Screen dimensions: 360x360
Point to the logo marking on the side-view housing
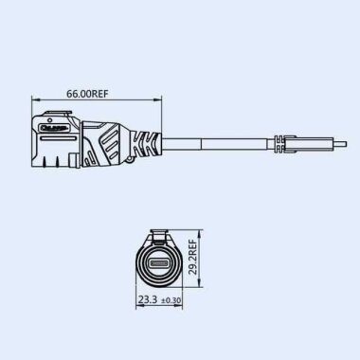[x=56, y=122]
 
